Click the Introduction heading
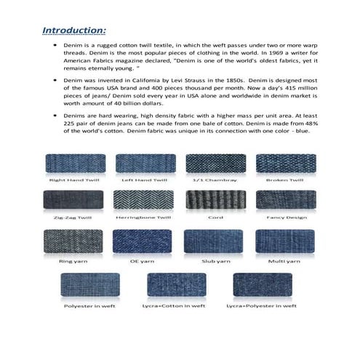(74, 31)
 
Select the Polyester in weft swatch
(90, 286)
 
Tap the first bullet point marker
(55, 44)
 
